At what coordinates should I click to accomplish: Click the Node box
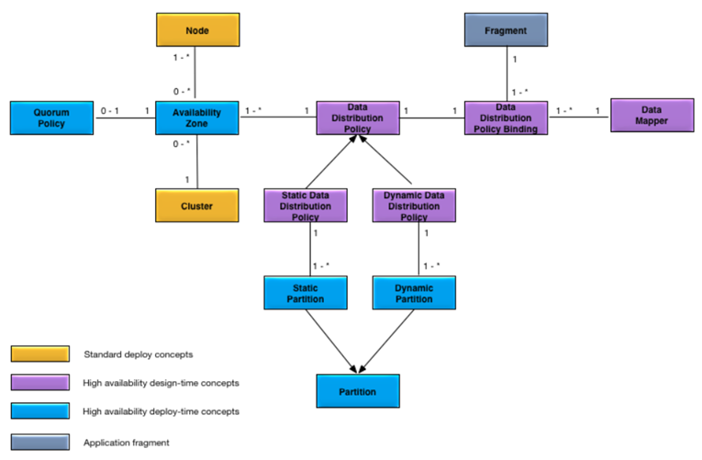click(196, 30)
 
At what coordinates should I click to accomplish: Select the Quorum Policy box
click(51, 118)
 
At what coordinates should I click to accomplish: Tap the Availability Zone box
click(196, 118)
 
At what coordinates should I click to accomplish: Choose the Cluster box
click(196, 206)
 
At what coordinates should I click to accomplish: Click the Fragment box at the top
click(506, 30)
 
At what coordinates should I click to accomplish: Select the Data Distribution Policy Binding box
click(506, 118)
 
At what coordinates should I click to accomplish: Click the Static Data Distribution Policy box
click(306, 206)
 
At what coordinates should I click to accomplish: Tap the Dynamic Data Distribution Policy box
click(414, 206)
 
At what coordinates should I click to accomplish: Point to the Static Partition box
click(306, 292)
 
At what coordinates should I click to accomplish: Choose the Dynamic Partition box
click(414, 292)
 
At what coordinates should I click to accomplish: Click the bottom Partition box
click(358, 390)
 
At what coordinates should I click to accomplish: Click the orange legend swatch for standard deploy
click(39, 353)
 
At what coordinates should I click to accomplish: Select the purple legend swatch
click(39, 383)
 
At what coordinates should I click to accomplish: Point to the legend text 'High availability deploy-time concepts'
click(162, 412)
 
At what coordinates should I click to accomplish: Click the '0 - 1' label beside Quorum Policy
click(110, 110)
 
